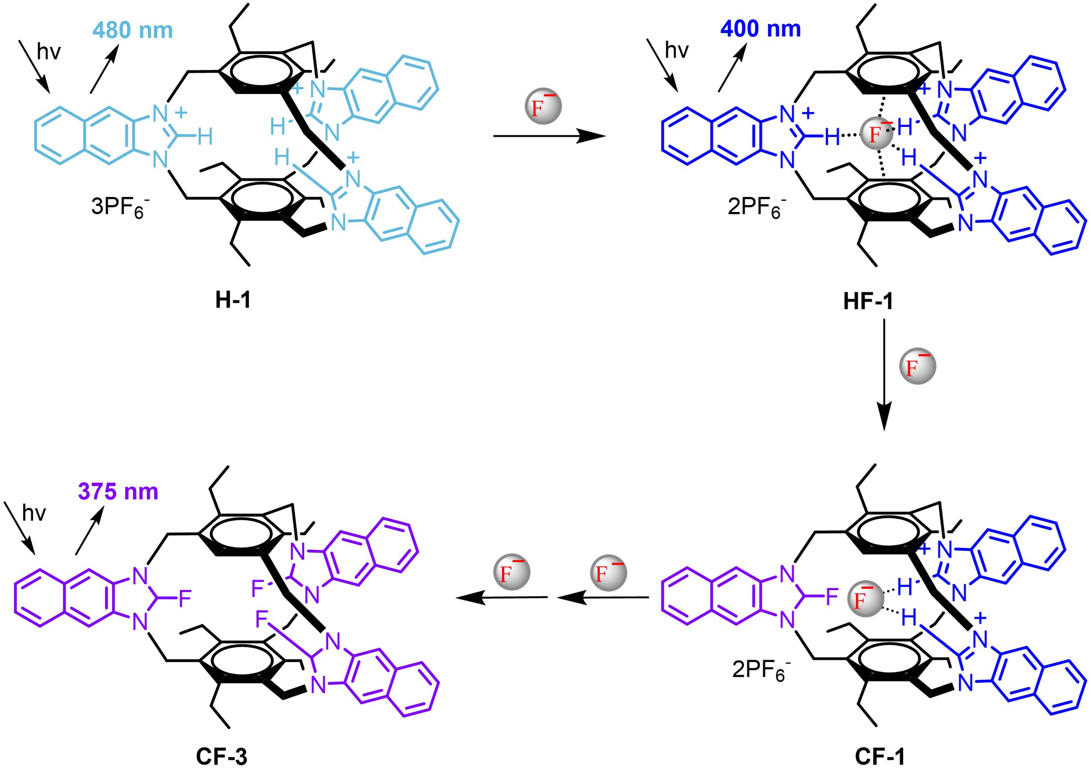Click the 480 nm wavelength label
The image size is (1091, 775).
coord(133,30)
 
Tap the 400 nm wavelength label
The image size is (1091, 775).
coord(760,29)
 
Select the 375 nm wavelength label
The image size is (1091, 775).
coord(118,492)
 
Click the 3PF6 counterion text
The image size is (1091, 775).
coord(119,208)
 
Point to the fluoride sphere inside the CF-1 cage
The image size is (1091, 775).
coord(865,599)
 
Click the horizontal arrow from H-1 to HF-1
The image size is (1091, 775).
coord(549,136)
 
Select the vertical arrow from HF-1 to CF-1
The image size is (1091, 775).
coord(884,375)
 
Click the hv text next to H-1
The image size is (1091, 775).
coord(49,51)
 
